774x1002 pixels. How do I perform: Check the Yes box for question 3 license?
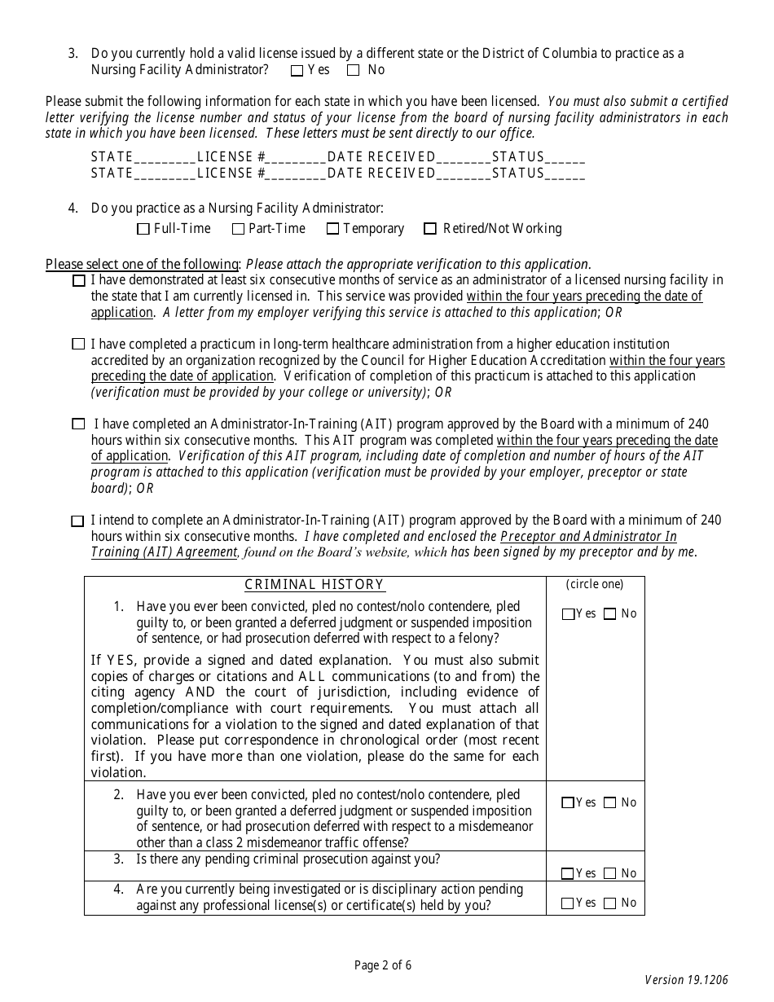(x=297, y=71)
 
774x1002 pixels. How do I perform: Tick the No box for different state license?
(x=353, y=71)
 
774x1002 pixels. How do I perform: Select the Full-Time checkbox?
(x=143, y=230)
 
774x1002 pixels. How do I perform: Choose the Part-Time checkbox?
(x=238, y=230)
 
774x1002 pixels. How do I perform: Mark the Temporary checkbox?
(x=332, y=230)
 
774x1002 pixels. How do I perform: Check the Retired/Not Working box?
(x=430, y=230)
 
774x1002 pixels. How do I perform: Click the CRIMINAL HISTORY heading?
(x=314, y=585)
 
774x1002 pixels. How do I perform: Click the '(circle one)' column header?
(x=595, y=584)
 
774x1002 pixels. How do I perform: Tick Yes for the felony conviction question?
(x=568, y=615)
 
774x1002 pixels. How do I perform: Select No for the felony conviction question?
(x=609, y=615)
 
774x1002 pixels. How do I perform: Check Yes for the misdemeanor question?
(x=568, y=803)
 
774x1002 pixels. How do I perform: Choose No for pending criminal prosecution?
(x=609, y=874)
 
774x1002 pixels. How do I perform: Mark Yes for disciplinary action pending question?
(x=568, y=903)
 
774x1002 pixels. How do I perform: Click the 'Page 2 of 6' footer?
(x=383, y=966)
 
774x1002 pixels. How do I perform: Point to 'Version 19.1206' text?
(x=686, y=980)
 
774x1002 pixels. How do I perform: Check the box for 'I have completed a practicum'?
(x=78, y=345)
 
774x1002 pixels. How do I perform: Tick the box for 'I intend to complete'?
(x=78, y=521)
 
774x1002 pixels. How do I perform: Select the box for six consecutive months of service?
(x=78, y=281)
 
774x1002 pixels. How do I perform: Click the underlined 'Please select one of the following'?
(x=142, y=264)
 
